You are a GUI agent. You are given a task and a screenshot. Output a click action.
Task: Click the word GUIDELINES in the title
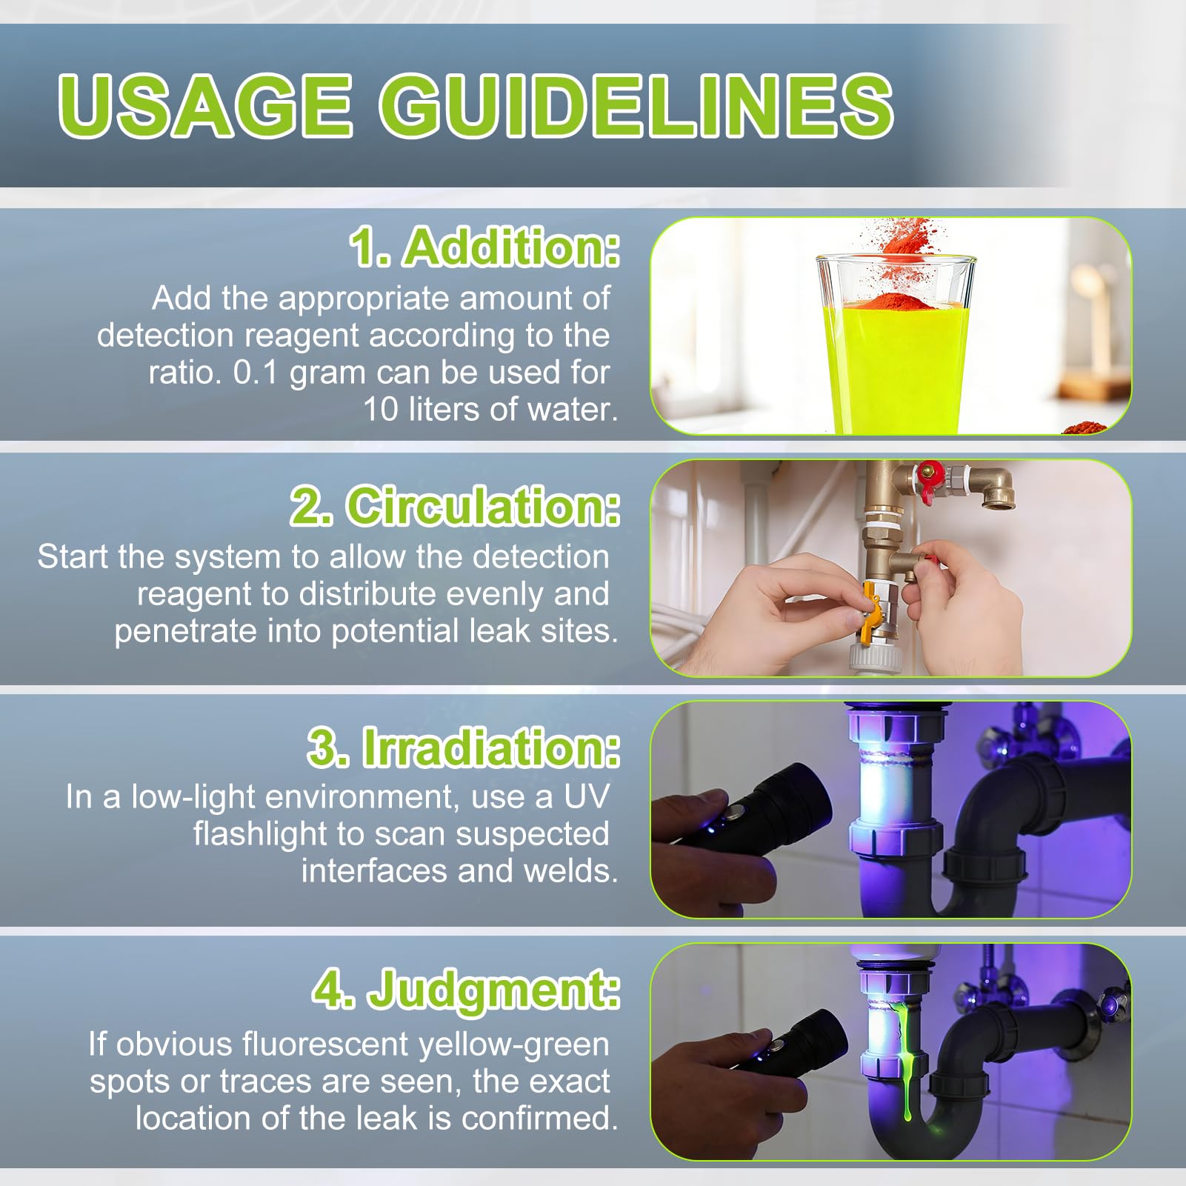636,105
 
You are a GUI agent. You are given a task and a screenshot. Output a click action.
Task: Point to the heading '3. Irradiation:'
464,747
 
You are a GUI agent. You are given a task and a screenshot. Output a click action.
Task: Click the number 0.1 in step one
256,372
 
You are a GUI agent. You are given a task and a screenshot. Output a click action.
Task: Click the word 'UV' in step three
586,796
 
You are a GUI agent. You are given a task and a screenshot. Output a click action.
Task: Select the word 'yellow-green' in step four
514,1045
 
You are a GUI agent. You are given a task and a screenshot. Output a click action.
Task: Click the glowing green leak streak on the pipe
905,1067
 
